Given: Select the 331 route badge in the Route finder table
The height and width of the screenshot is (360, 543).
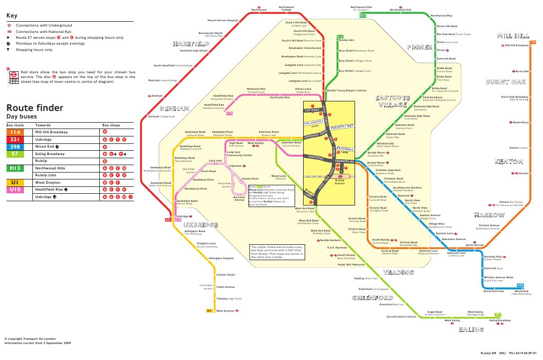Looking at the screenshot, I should click(x=15, y=139).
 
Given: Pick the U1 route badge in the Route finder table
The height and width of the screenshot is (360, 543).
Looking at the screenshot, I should click(x=15, y=182).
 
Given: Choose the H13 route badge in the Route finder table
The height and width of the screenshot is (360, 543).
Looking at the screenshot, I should click(x=15, y=168).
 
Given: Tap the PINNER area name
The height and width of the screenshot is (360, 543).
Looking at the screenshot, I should click(x=419, y=47).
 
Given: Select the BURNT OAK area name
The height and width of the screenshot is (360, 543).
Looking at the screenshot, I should click(x=505, y=82).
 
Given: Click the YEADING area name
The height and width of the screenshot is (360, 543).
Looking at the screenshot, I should click(x=398, y=272).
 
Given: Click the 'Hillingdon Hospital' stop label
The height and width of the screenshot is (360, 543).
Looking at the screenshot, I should click(x=221, y=258).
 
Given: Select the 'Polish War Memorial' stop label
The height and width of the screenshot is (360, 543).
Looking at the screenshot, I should click(x=351, y=264).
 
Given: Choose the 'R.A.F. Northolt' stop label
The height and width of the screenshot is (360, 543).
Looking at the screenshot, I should click(x=337, y=247).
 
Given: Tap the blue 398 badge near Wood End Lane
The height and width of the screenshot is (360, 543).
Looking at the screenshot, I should click(x=520, y=286).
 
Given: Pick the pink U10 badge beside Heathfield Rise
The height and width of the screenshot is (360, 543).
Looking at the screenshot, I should click(x=229, y=114).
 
